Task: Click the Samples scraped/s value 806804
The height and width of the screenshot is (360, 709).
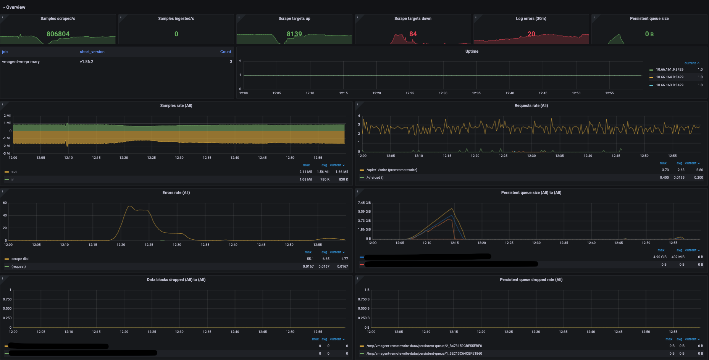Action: (58, 34)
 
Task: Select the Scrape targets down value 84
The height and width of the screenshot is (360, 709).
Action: (413, 34)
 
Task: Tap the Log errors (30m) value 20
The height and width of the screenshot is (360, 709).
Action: (531, 34)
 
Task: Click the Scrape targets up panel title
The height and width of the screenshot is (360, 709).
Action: (294, 18)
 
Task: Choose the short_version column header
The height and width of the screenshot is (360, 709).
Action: (92, 52)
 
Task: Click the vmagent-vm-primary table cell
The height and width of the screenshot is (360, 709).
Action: (21, 61)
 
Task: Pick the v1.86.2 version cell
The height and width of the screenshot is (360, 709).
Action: (87, 61)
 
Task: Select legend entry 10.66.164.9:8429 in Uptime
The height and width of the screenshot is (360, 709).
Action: (670, 77)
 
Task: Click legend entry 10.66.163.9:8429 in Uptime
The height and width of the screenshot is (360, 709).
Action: (670, 85)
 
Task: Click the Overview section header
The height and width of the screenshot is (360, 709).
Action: (16, 7)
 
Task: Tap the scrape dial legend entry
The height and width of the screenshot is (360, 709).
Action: (20, 259)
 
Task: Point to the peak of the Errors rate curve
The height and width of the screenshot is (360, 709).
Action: (130, 207)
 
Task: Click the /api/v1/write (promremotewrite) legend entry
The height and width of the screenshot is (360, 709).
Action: (392, 170)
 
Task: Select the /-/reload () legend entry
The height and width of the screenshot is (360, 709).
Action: (375, 178)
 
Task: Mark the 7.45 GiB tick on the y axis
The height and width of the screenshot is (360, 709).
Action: (364, 203)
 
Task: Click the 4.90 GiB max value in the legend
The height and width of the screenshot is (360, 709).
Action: (660, 257)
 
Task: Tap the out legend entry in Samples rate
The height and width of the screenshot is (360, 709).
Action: (14, 172)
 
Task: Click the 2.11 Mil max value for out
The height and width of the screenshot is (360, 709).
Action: (305, 172)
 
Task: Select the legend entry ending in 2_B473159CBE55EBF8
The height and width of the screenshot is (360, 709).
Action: (424, 346)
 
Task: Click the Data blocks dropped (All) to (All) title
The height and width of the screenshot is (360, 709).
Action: (176, 279)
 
